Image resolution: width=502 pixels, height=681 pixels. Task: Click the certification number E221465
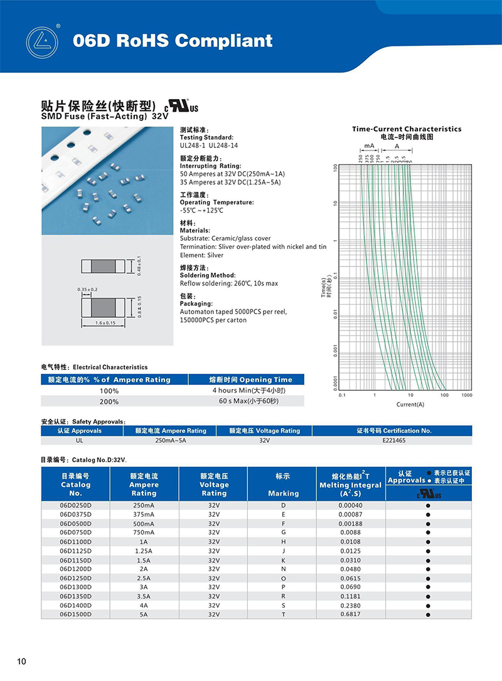[x=394, y=441]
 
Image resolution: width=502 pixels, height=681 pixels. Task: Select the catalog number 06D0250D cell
[x=76, y=505]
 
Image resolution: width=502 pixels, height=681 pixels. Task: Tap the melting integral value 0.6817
[x=350, y=614]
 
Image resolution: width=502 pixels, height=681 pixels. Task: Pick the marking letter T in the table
[x=283, y=614]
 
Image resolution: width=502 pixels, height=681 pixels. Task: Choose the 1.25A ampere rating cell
[x=144, y=551]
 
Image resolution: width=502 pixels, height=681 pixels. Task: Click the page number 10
[x=22, y=662]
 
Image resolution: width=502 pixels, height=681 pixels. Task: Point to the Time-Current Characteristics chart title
[x=407, y=129]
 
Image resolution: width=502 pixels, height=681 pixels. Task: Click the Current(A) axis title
[x=410, y=404]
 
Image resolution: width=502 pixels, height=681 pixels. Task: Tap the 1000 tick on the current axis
[x=467, y=396]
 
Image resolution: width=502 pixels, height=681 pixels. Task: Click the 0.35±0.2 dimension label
[x=87, y=289]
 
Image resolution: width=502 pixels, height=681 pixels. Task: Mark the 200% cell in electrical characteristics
[x=109, y=401]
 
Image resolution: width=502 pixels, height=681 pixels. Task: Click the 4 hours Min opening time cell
[x=250, y=391]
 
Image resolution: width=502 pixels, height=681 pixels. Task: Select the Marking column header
[x=283, y=494]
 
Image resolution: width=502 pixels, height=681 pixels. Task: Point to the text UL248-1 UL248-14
[x=209, y=145]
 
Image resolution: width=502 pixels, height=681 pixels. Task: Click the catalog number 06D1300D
[x=76, y=587]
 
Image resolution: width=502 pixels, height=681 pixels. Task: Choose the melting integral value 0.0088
[x=350, y=532]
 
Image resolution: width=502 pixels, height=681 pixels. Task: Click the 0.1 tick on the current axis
[x=342, y=396]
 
